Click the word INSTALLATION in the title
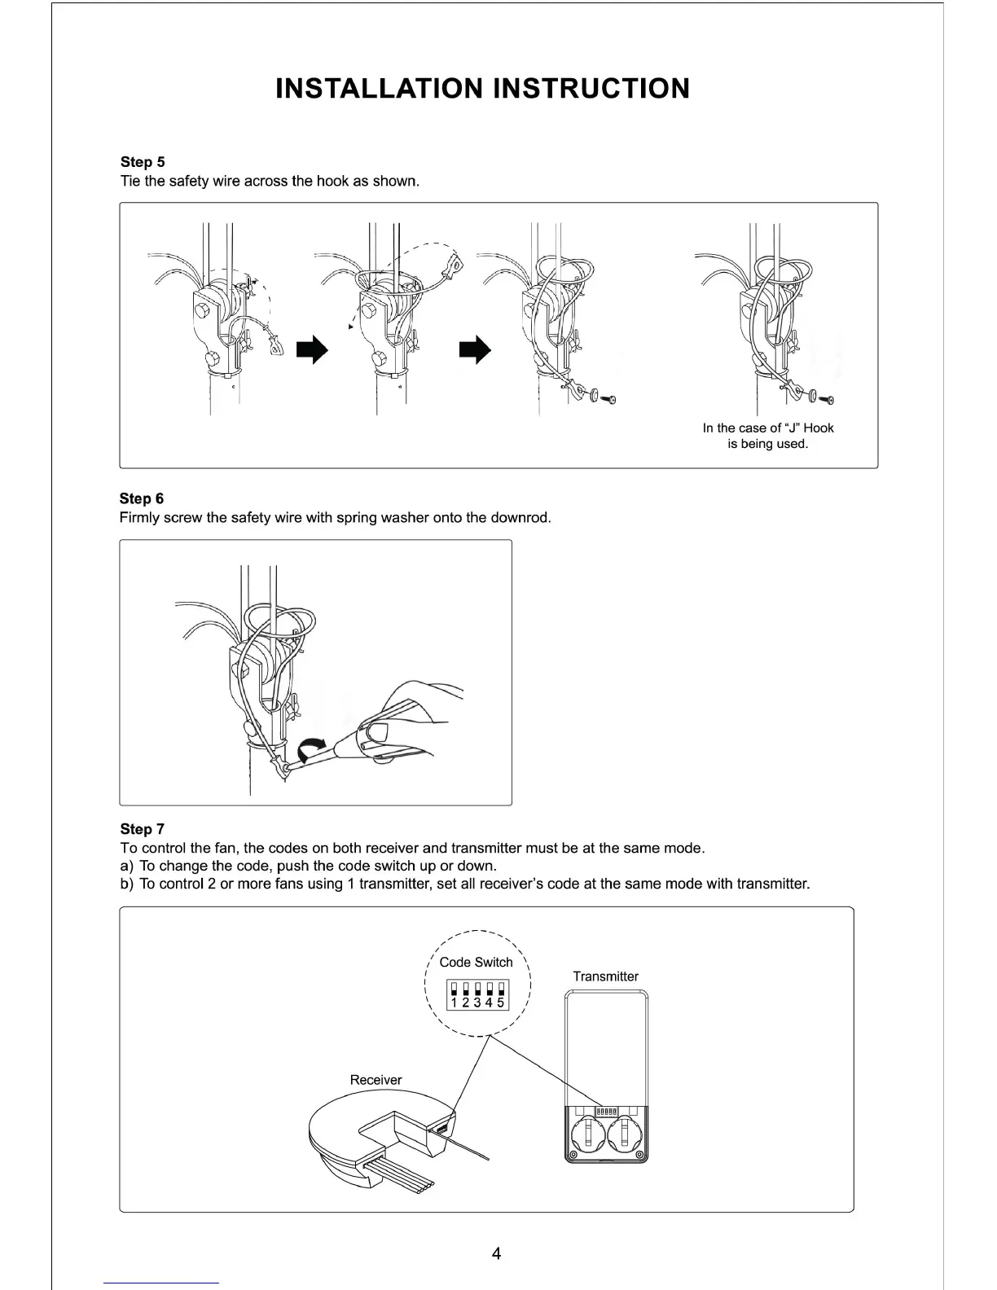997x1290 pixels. [x=380, y=88]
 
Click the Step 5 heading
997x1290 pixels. [x=143, y=162]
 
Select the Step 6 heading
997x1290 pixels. [x=142, y=498]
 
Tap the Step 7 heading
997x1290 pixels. [x=142, y=829]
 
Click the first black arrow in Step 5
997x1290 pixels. [x=312, y=350]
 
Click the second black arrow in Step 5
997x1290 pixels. [x=477, y=350]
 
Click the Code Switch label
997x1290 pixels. [x=476, y=962]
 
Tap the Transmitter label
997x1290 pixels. [x=605, y=976]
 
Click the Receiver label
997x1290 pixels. [x=376, y=1080]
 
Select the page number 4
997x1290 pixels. [x=497, y=1253]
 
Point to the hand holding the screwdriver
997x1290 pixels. [x=407, y=717]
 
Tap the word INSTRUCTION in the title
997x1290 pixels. [x=592, y=88]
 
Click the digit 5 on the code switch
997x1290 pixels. [x=501, y=1003]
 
